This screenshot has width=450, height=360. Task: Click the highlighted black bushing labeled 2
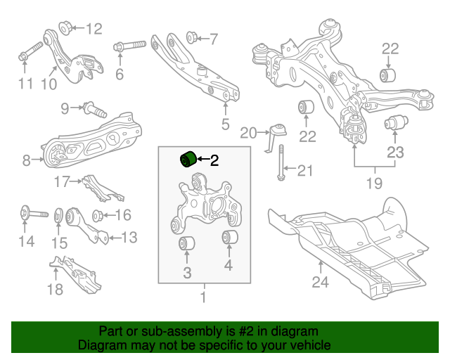point(187,159)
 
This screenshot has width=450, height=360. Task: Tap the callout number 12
point(94,29)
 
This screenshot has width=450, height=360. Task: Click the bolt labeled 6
point(129,47)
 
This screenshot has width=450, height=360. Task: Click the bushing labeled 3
point(186,244)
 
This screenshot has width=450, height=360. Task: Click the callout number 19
point(375,184)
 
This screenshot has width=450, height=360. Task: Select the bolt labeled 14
point(31,212)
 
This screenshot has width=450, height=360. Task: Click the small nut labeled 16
point(98,214)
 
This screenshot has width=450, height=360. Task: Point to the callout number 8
point(27,161)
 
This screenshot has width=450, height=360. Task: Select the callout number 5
point(225,125)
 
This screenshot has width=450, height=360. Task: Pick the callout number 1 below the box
point(203,297)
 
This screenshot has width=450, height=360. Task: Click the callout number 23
point(396,151)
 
